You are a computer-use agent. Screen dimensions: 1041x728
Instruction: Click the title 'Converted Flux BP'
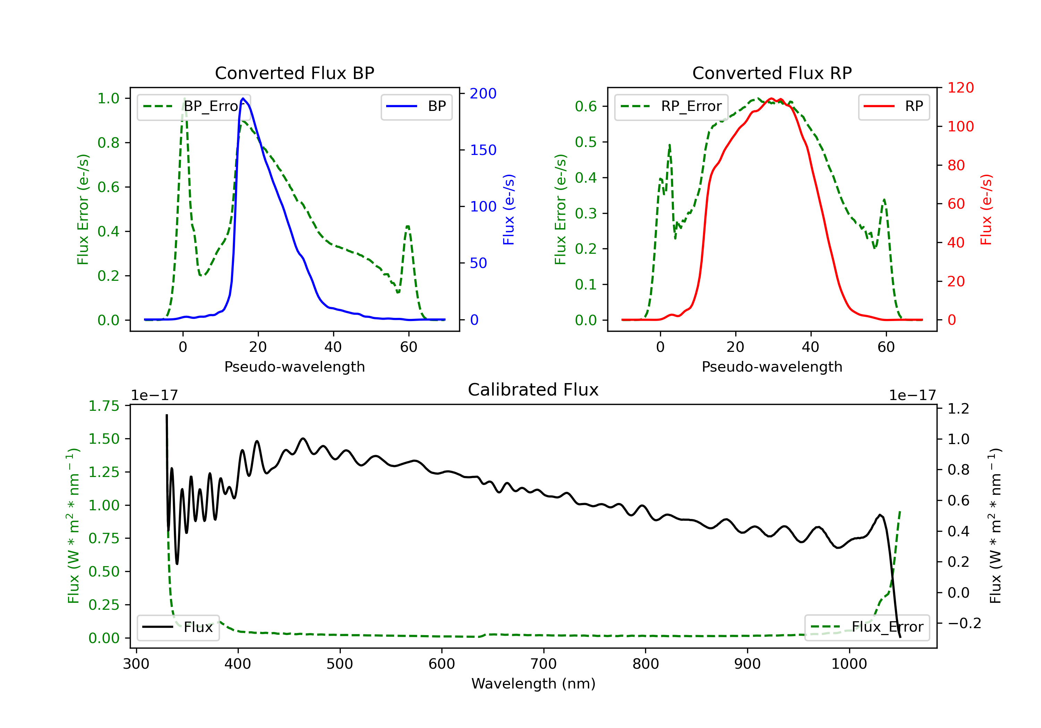pyautogui.click(x=294, y=73)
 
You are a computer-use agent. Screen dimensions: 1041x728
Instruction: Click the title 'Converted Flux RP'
pyautogui.click(x=772, y=73)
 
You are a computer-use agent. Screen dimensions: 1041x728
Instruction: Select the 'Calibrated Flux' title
pyautogui.click(x=533, y=390)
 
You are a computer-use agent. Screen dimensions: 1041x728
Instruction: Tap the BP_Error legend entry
pyautogui.click(x=194, y=106)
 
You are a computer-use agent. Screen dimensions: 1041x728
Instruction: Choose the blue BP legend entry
pyautogui.click(x=416, y=106)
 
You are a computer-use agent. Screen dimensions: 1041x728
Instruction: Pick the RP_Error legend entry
pyautogui.click(x=671, y=106)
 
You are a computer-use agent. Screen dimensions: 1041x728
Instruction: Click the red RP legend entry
pyautogui.click(x=894, y=106)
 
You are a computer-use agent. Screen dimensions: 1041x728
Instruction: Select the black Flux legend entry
pyautogui.click(x=178, y=627)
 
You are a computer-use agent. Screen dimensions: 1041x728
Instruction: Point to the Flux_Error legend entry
pyautogui.click(x=867, y=627)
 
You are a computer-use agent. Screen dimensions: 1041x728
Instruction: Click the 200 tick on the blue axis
pyautogui.click(x=483, y=93)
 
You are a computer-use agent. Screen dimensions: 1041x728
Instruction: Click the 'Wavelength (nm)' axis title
pyautogui.click(x=533, y=684)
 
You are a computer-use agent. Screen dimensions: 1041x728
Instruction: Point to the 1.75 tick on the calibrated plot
pyautogui.click(x=104, y=406)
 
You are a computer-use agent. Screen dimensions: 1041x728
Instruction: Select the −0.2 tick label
pyautogui.click(x=964, y=623)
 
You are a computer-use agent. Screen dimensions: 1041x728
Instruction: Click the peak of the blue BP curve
pyautogui.click(x=243, y=98)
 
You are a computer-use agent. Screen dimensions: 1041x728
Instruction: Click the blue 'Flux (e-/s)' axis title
pyautogui.click(x=509, y=210)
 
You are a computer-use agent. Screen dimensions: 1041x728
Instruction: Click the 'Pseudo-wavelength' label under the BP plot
pyautogui.click(x=295, y=366)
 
